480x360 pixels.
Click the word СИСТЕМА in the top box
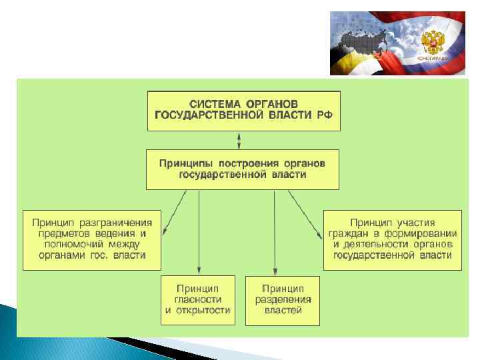(215, 104)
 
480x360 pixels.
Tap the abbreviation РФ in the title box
(324, 115)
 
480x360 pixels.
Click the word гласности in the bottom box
(198, 299)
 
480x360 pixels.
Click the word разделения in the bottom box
(283, 299)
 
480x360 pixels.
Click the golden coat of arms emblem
(433, 41)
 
